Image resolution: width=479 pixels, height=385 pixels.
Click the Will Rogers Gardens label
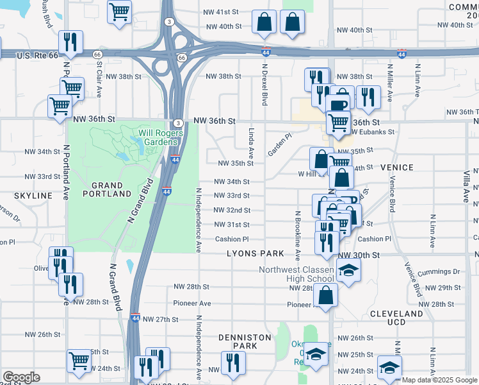point(161,137)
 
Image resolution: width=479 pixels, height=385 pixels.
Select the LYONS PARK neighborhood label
point(254,254)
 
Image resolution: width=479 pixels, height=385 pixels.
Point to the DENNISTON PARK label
point(238,341)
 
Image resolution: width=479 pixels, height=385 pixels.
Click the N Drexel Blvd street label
point(264,84)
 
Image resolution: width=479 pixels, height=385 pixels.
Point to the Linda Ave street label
point(251,143)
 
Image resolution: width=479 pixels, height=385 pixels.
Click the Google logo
point(21,377)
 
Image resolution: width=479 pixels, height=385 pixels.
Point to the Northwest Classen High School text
point(296,275)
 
